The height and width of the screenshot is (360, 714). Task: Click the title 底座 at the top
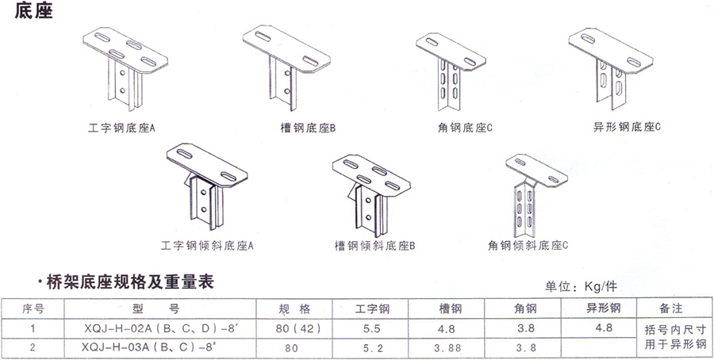[35, 13]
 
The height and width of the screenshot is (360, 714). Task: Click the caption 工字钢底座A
[121, 126]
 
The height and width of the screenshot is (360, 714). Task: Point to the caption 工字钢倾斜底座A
[207, 246]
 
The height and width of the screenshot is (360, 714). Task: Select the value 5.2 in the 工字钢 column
[372, 347]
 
